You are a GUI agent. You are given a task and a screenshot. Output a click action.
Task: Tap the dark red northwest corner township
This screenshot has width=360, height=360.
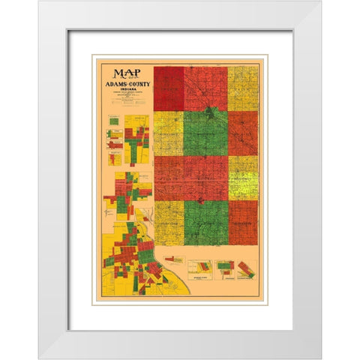pyautogui.click(x=169, y=88)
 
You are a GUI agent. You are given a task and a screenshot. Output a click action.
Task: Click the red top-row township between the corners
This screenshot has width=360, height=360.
pyautogui.click(x=205, y=88)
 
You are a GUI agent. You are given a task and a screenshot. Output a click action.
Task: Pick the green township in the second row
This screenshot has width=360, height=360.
pyautogui.click(x=205, y=133)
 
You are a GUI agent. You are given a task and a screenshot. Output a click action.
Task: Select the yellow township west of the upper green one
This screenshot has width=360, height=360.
pyautogui.click(x=169, y=133)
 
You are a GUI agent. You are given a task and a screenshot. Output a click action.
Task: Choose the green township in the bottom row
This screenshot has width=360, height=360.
pyautogui.click(x=205, y=223)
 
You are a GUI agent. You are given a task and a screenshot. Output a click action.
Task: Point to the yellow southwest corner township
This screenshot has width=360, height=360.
pyautogui.click(x=169, y=223)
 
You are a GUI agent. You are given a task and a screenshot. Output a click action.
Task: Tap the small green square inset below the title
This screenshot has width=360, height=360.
pyautogui.click(x=112, y=118)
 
